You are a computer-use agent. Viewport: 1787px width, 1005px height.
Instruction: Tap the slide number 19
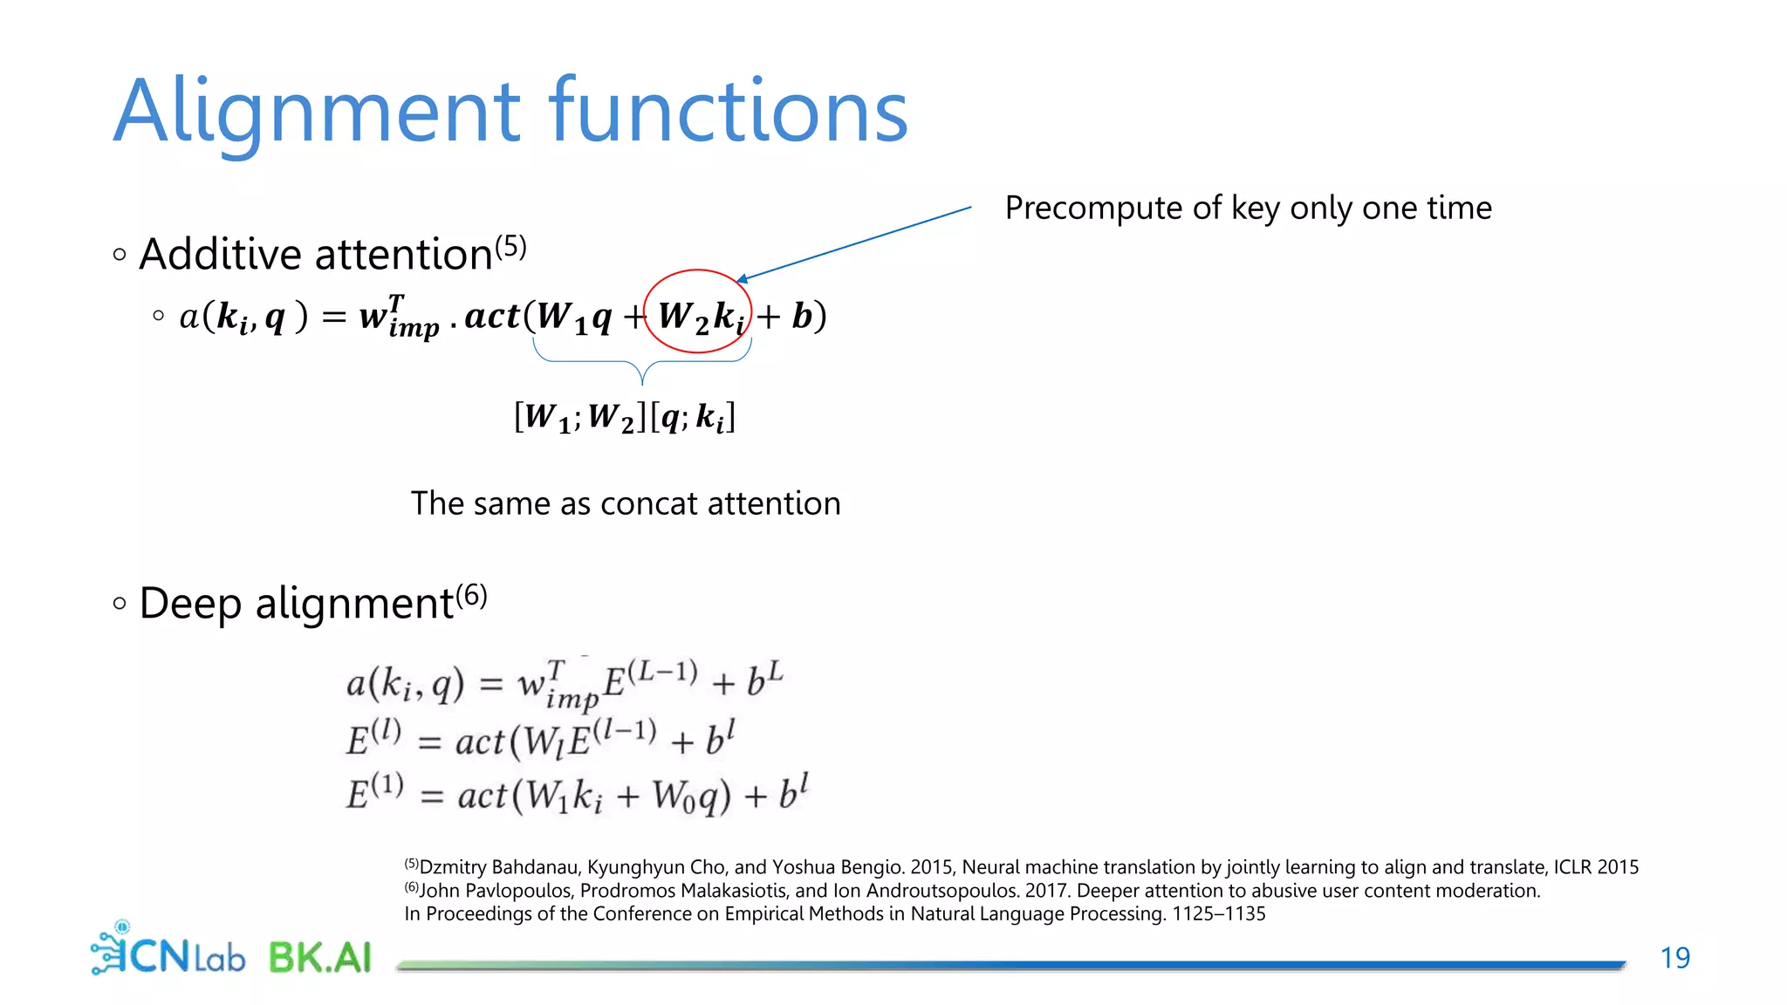click(x=1674, y=958)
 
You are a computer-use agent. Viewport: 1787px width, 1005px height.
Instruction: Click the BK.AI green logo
click(x=320, y=957)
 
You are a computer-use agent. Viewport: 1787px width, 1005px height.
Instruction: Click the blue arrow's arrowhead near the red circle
click(x=742, y=279)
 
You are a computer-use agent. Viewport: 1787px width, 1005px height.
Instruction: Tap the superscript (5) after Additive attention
click(x=510, y=247)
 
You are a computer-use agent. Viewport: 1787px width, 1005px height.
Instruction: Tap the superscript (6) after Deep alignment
click(x=471, y=596)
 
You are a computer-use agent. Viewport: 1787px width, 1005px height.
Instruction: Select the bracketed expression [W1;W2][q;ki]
click(x=625, y=417)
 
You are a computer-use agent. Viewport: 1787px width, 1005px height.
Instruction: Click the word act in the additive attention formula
click(x=492, y=316)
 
